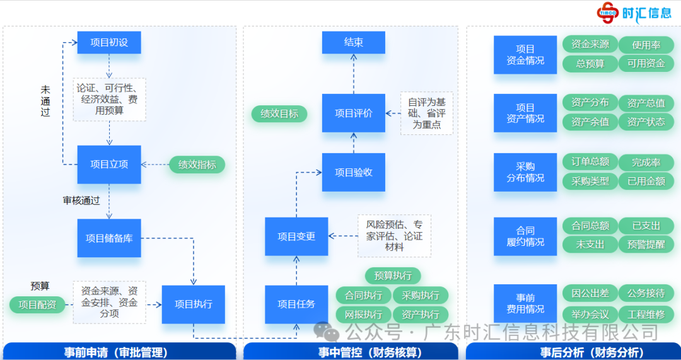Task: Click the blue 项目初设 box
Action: tap(109, 43)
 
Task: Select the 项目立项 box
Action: tap(109, 165)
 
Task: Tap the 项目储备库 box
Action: tap(109, 238)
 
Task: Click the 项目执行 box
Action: tap(193, 304)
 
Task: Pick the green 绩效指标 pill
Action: tap(197, 165)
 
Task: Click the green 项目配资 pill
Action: tap(37, 305)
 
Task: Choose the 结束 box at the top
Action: tap(353, 43)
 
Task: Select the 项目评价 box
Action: tap(353, 113)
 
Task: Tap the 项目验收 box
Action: tap(353, 172)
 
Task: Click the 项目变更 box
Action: tap(296, 236)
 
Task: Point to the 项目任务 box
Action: tap(296, 304)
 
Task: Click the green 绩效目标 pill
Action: tap(279, 114)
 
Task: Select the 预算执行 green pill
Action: tap(393, 276)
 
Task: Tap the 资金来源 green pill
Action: tap(590, 44)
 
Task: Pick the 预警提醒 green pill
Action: tap(646, 244)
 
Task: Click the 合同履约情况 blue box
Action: tap(525, 236)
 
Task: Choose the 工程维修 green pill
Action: tap(646, 313)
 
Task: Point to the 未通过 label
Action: tap(45, 102)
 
